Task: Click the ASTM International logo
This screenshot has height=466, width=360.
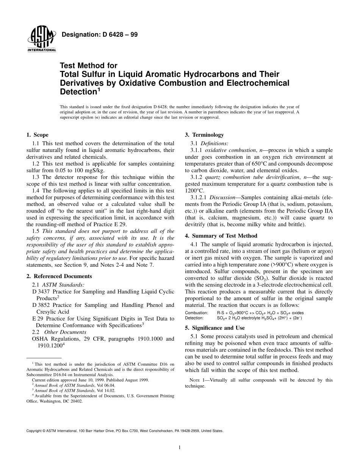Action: click(41, 41)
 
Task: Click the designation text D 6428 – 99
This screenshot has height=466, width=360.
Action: click(100, 34)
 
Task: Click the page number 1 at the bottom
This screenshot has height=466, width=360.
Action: click(180, 447)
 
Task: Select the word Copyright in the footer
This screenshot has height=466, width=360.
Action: click(34, 431)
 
